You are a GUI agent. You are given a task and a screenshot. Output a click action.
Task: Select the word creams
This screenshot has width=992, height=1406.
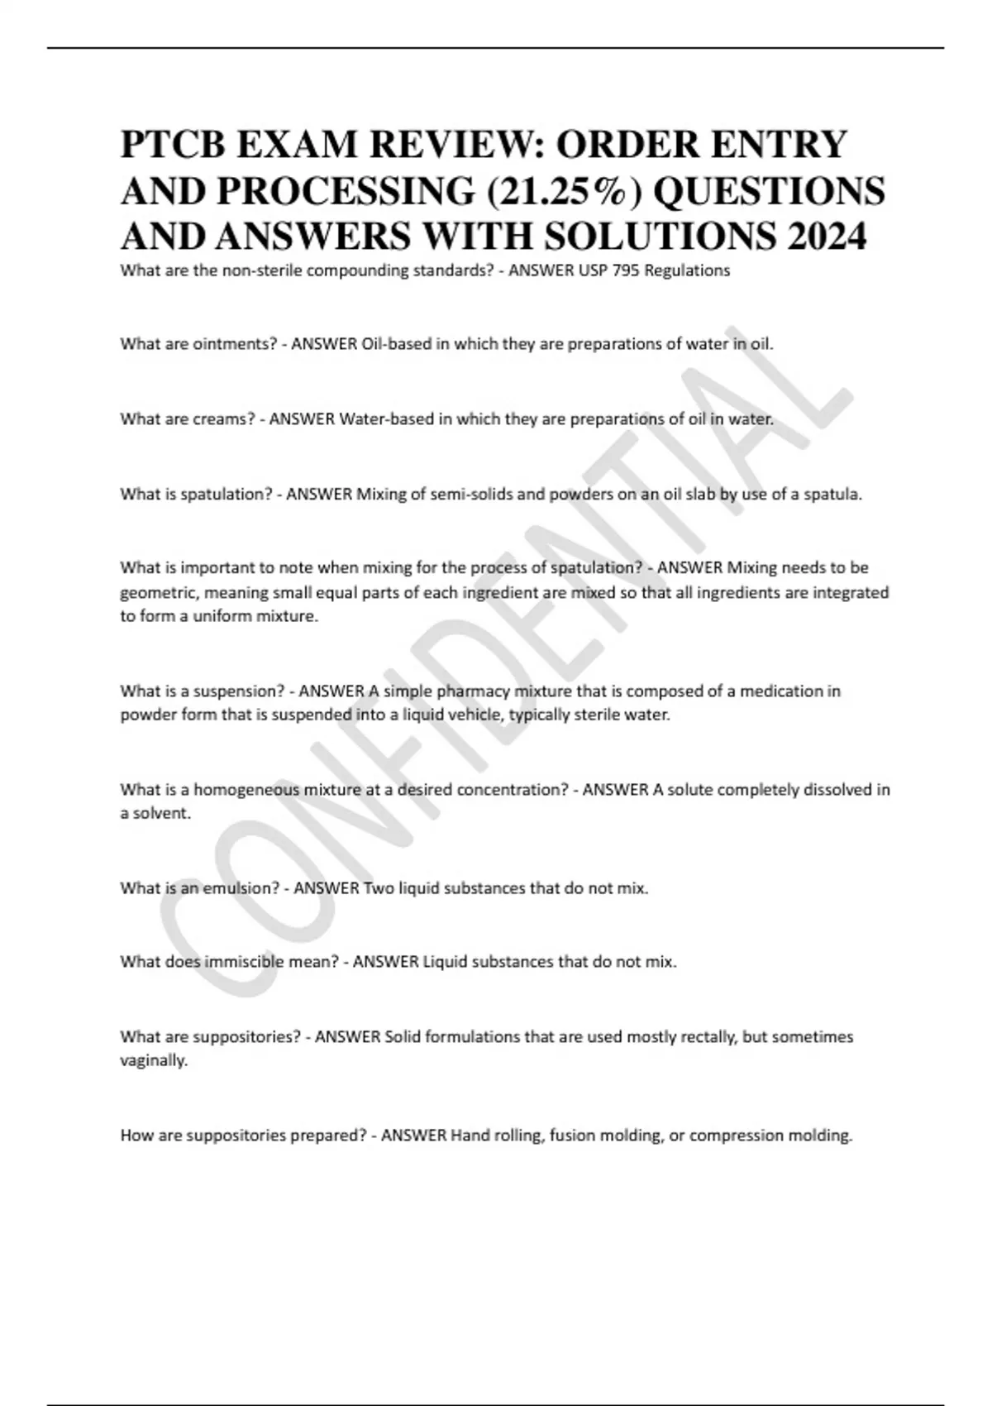click(223, 418)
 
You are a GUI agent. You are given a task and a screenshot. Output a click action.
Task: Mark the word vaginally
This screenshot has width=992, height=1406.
click(154, 1060)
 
